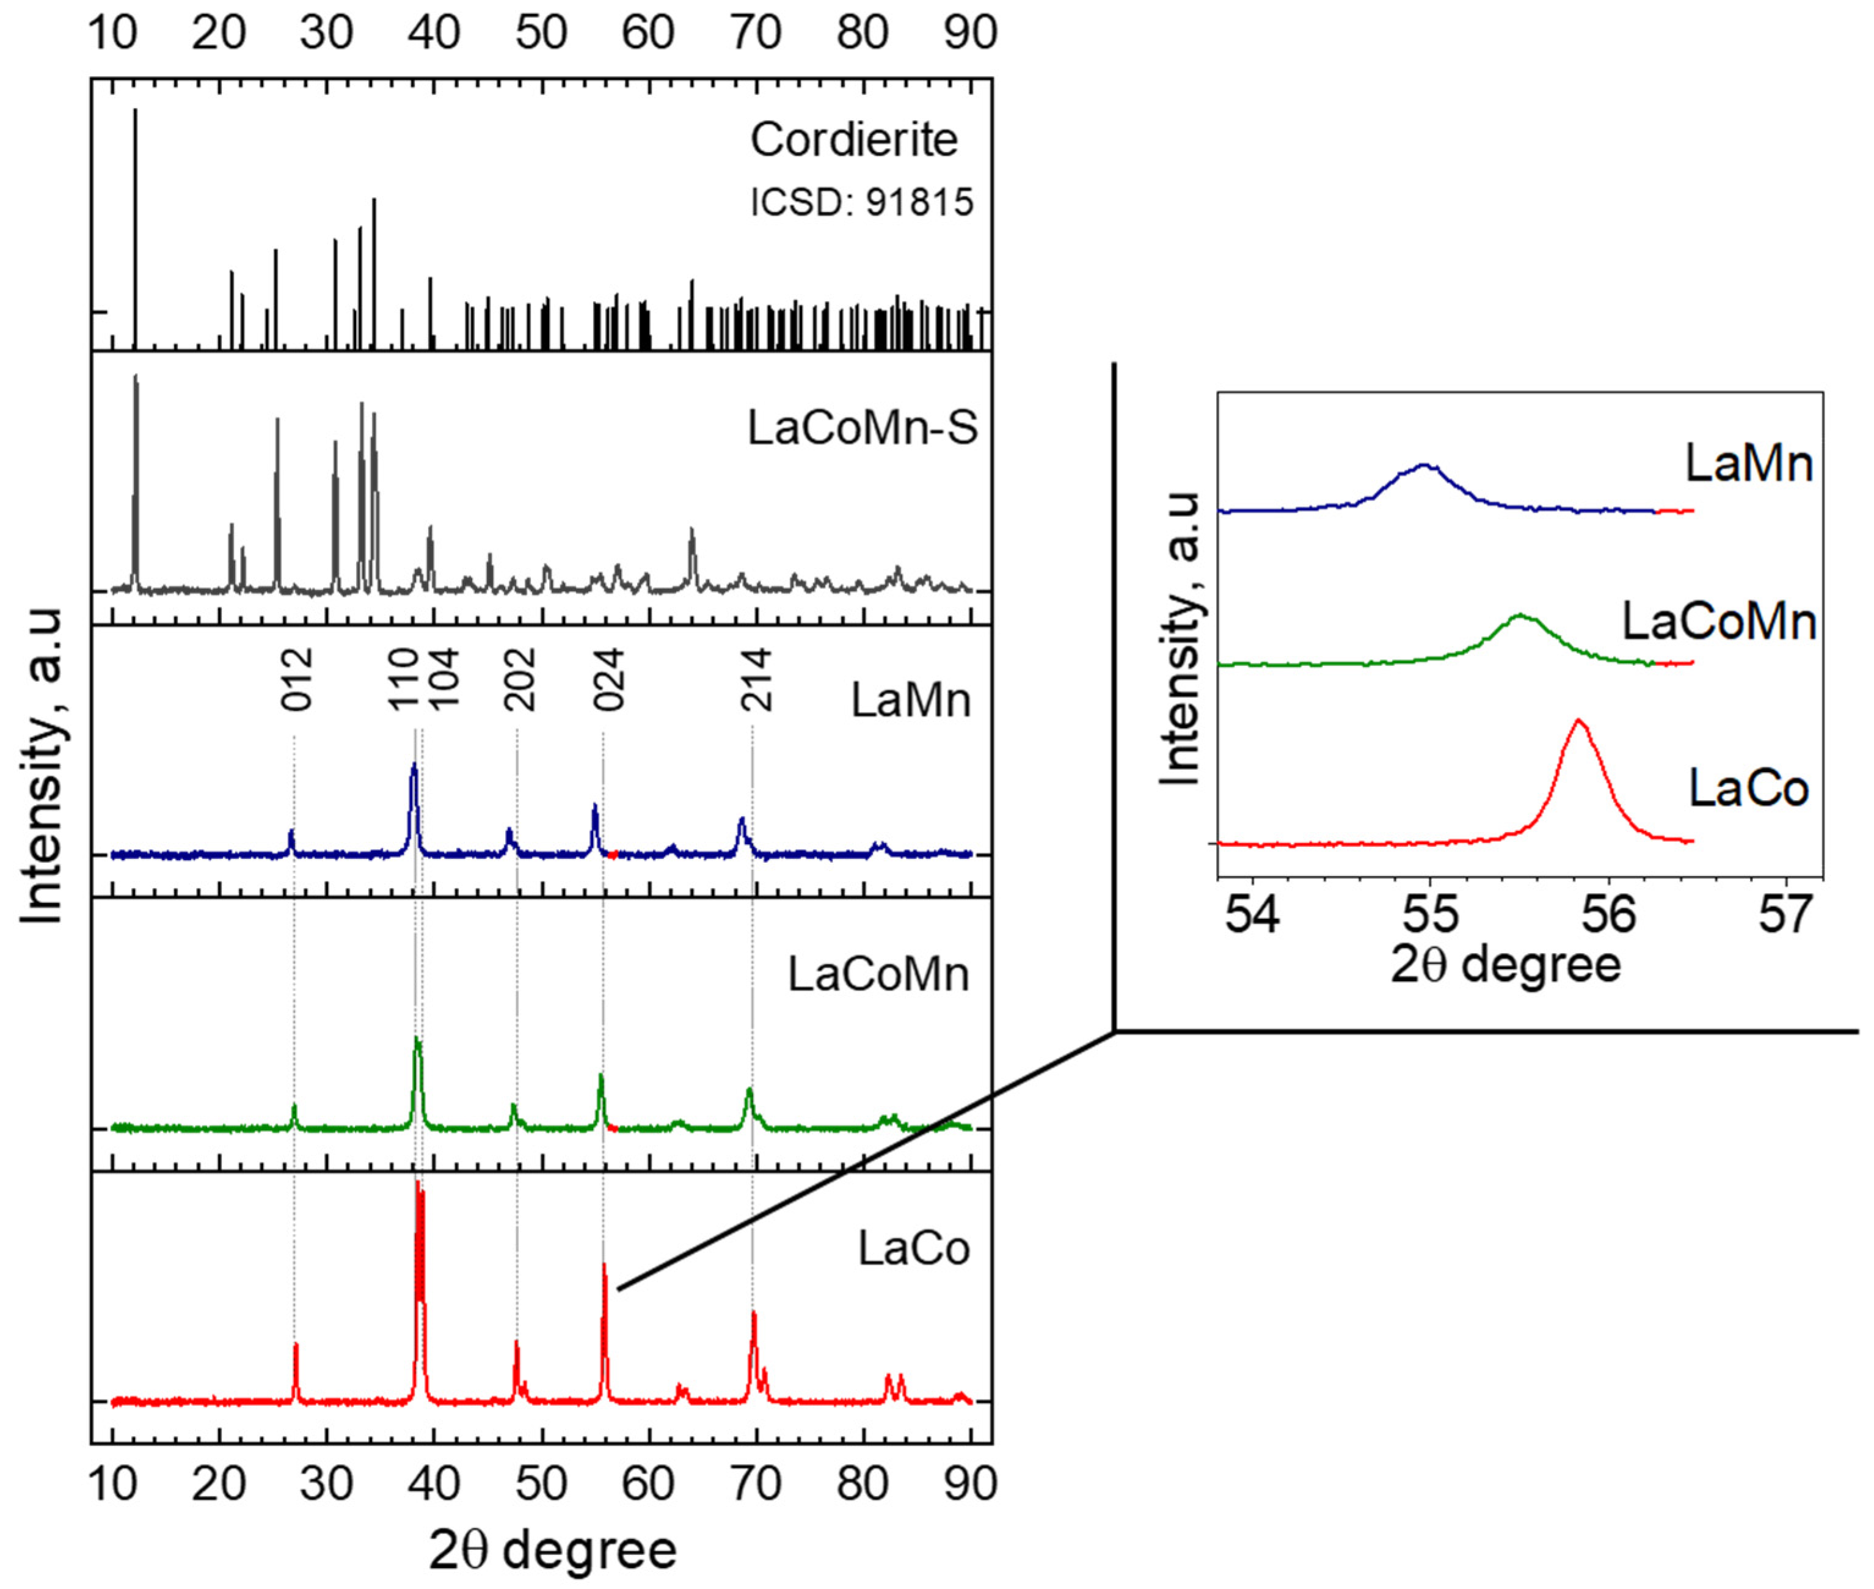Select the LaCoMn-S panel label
click(862, 428)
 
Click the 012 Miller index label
click(296, 679)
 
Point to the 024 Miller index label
click(609, 679)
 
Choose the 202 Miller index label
click(520, 679)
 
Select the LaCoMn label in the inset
click(1718, 621)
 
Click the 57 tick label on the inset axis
click(1785, 915)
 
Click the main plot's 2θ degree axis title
click(552, 1549)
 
